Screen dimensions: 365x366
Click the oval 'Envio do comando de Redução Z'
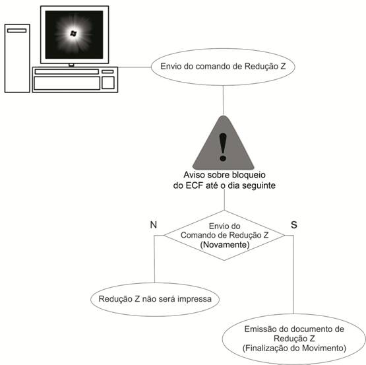tap(223, 67)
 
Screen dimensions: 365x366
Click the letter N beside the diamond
tap(154, 224)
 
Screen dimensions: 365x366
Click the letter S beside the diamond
tap(294, 224)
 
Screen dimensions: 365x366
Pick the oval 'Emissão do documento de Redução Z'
tap(294, 337)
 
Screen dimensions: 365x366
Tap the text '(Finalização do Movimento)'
tap(294, 347)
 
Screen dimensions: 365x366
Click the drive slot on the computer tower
tap(17, 30)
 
